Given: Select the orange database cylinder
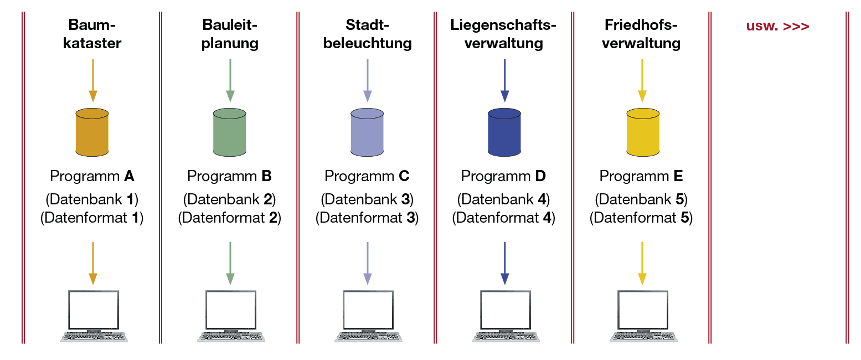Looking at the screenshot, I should [x=92, y=132].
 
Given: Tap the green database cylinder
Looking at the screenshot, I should [x=229, y=132].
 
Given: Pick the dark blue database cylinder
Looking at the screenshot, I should [x=504, y=132].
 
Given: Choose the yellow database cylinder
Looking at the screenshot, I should [x=642, y=132].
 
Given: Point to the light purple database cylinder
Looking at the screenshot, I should [x=367, y=132].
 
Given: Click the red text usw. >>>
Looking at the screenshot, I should [x=777, y=26].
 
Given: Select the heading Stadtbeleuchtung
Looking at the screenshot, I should [x=367, y=34].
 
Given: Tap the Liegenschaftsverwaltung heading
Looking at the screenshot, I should [x=503, y=34].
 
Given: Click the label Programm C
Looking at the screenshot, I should [x=367, y=177].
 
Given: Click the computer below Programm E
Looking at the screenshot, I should [x=642, y=315].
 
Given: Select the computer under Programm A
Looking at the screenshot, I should [x=93, y=315].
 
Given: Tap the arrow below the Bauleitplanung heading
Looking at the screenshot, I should [x=230, y=80].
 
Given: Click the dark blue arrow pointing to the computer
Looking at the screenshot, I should [x=504, y=263].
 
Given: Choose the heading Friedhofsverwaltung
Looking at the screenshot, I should [x=641, y=34].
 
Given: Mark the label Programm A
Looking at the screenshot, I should [x=92, y=177].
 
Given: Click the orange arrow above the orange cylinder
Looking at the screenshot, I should [x=92, y=80].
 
